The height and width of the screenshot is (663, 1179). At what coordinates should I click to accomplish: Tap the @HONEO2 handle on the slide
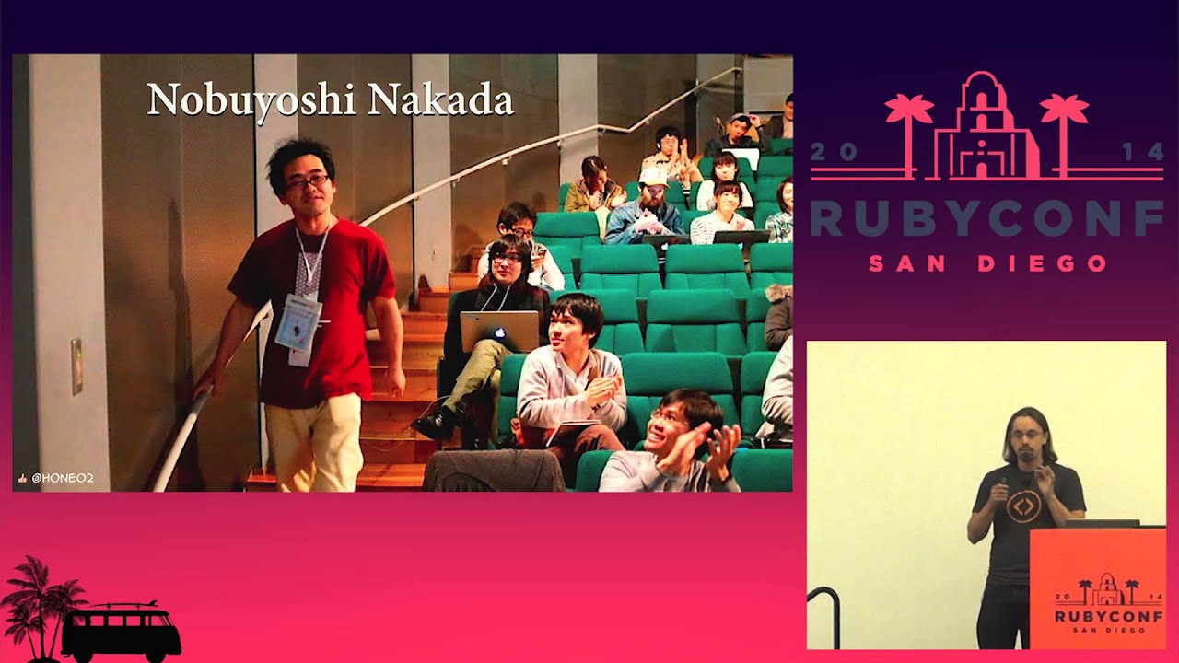(x=62, y=479)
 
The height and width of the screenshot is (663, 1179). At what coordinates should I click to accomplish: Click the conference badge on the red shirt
(x=298, y=322)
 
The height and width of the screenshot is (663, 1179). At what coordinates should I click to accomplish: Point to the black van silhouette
(x=120, y=632)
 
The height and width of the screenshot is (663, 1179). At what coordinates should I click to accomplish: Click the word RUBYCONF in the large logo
(x=986, y=219)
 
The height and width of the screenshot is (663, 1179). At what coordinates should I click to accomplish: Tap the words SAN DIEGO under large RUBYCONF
(x=986, y=263)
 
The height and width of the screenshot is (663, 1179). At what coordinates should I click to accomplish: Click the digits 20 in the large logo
(x=833, y=153)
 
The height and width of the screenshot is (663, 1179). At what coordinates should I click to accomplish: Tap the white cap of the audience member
(x=653, y=176)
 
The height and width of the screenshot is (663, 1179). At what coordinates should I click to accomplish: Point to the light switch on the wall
(x=76, y=366)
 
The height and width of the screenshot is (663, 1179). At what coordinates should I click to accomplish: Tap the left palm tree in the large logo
(x=908, y=120)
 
